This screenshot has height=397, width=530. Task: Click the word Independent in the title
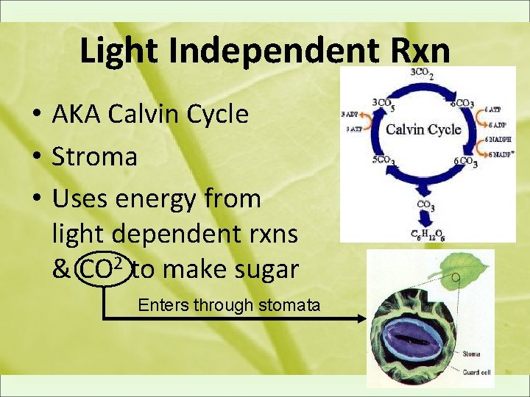point(266,51)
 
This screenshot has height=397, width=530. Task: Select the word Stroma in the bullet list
point(94,156)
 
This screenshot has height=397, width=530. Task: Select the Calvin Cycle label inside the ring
point(424,130)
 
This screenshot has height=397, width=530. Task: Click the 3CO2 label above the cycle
point(421,73)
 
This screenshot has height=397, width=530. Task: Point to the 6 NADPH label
point(499,140)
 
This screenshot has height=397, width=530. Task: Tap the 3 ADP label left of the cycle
point(350,114)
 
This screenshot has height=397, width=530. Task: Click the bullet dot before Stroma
point(35,157)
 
